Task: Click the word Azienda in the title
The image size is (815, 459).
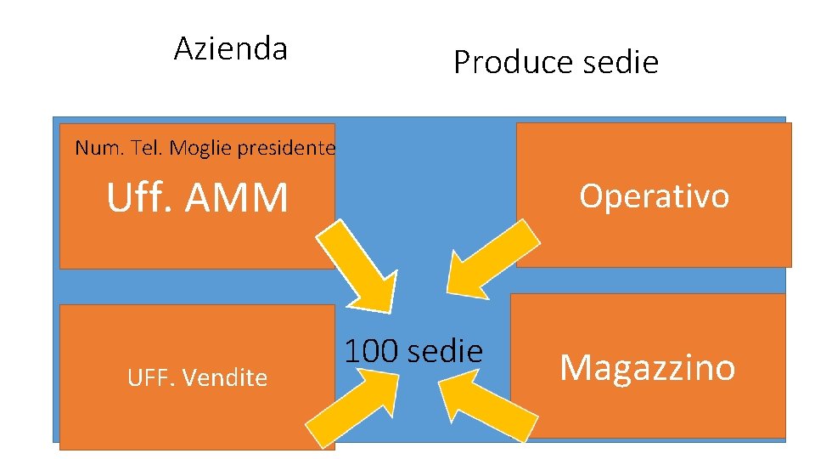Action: coord(230,49)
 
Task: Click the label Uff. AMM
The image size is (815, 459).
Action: coord(197,198)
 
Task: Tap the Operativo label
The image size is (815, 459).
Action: coord(654,196)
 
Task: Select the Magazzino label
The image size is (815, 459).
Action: coord(647,367)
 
